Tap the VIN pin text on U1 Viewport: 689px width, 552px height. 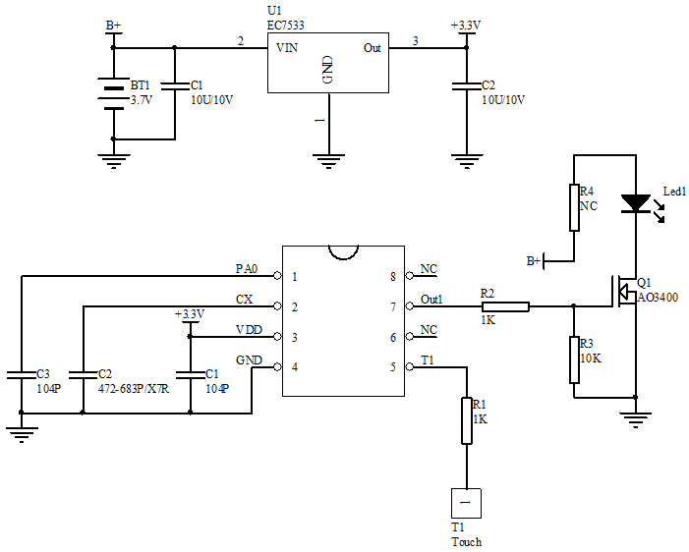288,47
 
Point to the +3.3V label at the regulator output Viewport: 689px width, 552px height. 465,24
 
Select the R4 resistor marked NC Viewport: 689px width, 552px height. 574,207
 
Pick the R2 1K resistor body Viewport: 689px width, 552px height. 505,306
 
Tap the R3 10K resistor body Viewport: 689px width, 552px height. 574,359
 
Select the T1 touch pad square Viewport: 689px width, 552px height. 465,503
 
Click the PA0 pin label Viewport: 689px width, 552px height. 246,268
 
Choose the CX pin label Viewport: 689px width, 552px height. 246,299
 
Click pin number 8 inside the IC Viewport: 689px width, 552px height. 393,277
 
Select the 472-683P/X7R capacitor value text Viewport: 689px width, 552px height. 134,389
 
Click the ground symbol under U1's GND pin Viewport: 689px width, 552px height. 327,158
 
